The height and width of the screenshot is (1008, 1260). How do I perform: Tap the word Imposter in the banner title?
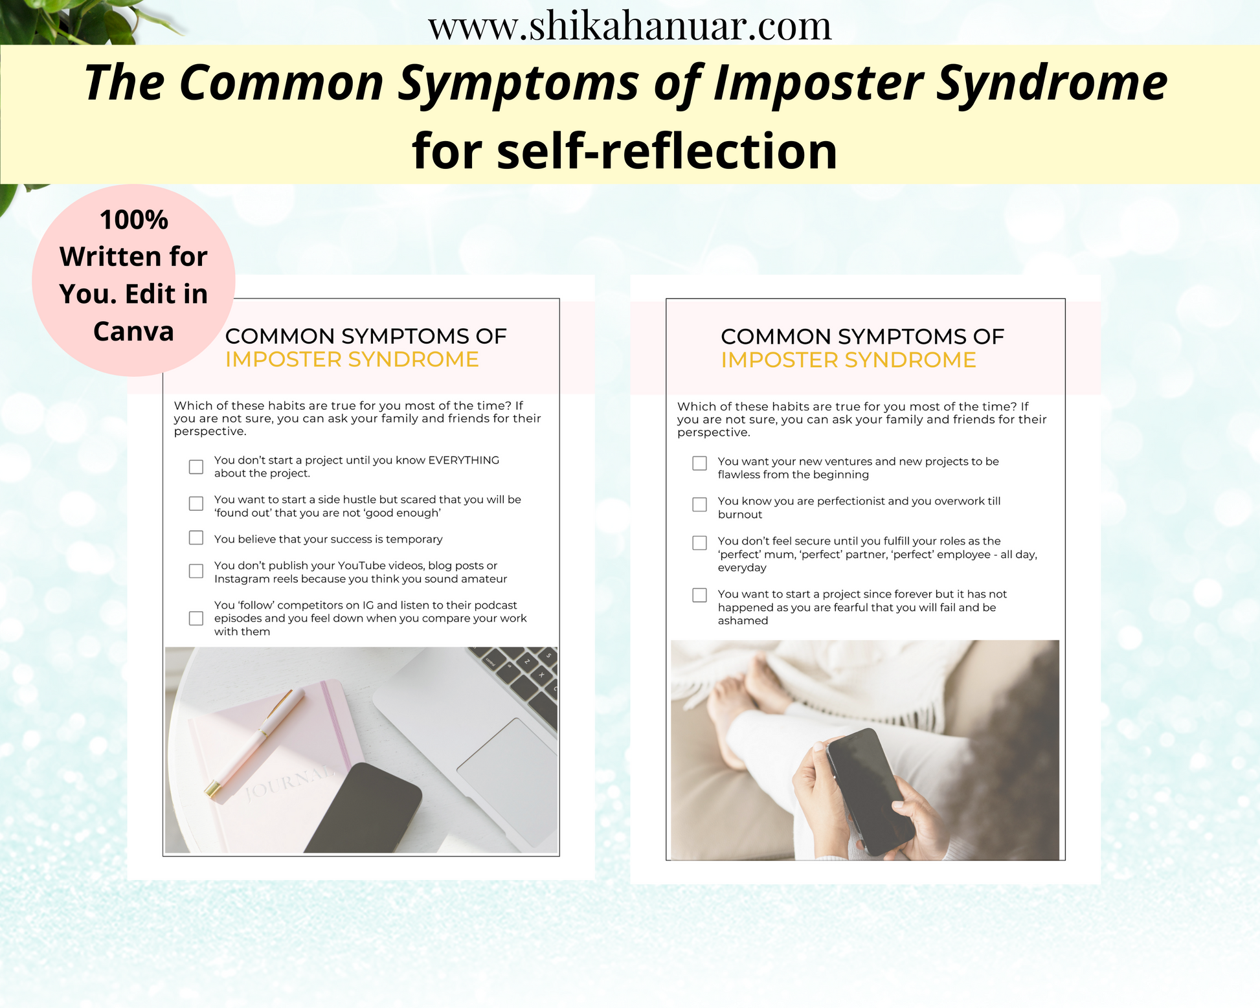click(818, 84)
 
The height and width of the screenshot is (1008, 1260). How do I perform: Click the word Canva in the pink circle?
click(133, 331)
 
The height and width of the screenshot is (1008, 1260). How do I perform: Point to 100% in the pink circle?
click(133, 220)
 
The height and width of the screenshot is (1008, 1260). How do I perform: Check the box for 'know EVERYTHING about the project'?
click(196, 467)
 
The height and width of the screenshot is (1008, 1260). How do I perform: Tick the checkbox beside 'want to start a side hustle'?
click(196, 504)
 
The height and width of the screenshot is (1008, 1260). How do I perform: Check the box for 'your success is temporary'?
click(196, 538)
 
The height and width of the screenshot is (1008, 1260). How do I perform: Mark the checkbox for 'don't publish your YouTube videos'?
click(196, 571)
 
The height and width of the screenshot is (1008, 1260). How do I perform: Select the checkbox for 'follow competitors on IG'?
click(196, 618)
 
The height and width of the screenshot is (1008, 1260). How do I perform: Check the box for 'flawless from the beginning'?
click(700, 464)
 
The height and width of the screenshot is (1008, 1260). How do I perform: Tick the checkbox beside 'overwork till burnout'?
click(700, 504)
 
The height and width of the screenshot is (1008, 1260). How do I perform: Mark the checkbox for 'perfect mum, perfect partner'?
click(700, 543)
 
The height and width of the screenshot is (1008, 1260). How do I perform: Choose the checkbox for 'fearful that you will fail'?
click(700, 595)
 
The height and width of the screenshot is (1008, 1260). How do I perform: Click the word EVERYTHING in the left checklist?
click(464, 460)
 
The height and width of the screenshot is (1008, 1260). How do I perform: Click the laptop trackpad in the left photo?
click(508, 783)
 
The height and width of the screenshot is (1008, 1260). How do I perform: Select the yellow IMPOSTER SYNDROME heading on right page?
click(848, 360)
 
